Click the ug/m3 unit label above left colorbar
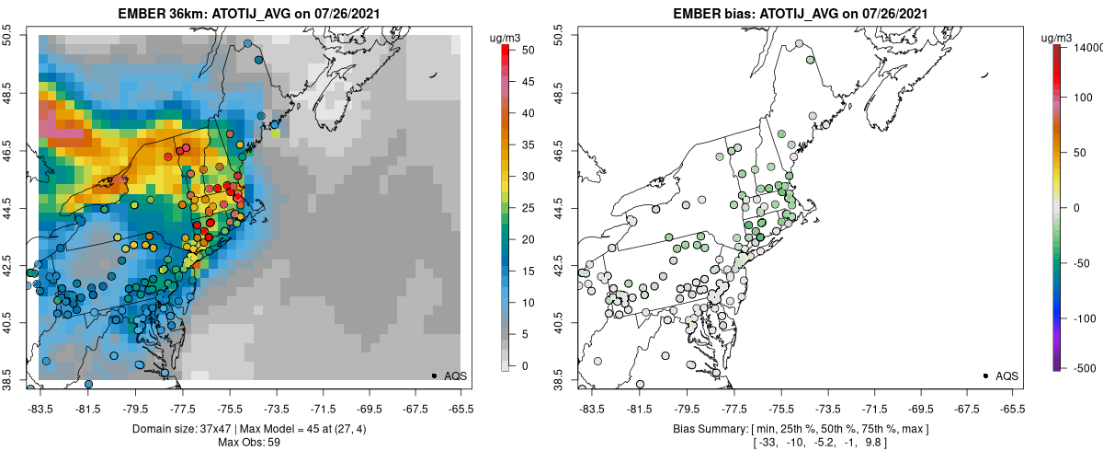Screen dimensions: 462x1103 coord(506,38)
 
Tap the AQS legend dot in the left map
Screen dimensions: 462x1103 coord(433,375)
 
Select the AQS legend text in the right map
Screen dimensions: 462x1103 coord(1007,375)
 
